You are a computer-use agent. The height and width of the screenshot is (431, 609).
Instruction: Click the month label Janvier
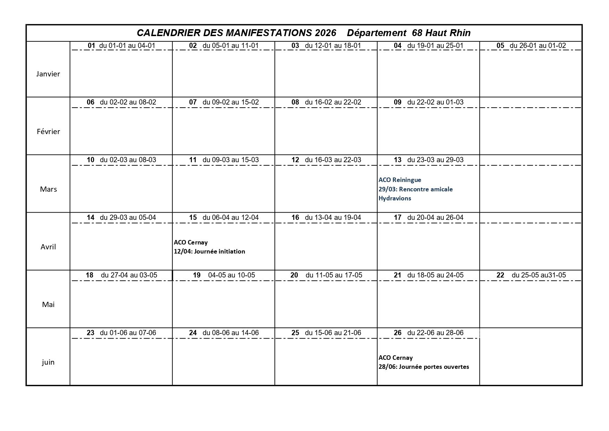point(48,74)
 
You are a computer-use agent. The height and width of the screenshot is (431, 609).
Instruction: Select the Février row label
point(48,132)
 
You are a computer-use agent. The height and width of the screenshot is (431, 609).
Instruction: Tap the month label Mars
point(48,189)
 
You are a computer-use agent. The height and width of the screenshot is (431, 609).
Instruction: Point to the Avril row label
point(48,247)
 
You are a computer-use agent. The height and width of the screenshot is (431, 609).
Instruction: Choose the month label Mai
point(48,305)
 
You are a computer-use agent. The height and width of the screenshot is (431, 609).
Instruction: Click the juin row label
point(48,362)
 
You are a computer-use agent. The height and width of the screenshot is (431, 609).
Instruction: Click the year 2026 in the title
point(325,33)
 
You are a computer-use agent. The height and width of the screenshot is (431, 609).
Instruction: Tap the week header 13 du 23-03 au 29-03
point(428,160)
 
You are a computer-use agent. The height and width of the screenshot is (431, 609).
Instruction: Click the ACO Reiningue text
point(400,180)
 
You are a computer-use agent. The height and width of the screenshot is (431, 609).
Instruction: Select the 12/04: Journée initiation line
point(209,251)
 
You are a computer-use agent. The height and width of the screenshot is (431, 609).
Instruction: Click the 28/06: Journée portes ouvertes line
point(424,367)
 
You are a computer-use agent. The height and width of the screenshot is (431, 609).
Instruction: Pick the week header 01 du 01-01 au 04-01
point(121,45)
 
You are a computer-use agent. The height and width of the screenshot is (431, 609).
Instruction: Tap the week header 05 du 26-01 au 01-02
point(531,45)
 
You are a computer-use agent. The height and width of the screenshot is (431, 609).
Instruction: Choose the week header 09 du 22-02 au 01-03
point(428,102)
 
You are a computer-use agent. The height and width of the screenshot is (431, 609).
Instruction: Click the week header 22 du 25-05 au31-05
point(531,275)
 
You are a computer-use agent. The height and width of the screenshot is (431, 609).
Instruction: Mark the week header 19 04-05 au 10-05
point(223,275)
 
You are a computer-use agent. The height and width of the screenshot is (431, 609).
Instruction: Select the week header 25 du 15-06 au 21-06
point(326,333)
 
